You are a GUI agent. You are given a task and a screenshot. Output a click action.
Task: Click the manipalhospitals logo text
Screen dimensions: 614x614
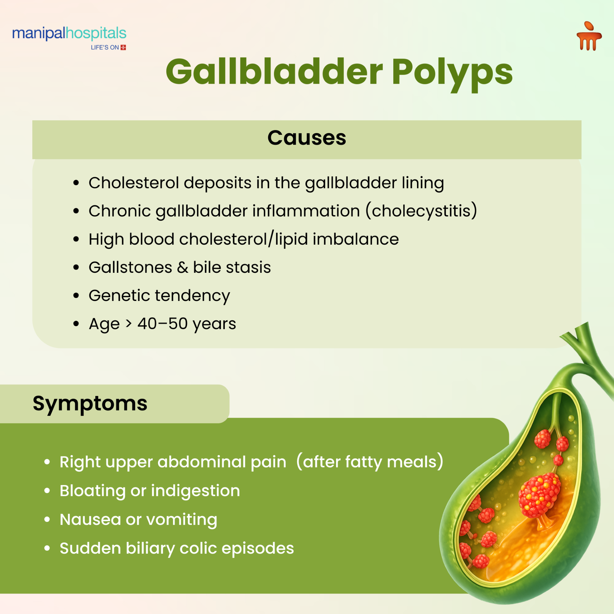click(69, 33)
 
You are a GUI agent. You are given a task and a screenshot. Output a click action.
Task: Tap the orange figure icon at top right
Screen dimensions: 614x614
click(589, 36)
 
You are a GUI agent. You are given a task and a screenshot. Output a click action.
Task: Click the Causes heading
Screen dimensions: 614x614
click(307, 138)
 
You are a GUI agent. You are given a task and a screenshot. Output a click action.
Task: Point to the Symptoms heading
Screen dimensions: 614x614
click(90, 403)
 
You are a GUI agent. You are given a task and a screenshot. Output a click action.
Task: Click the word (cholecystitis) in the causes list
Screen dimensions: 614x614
click(421, 211)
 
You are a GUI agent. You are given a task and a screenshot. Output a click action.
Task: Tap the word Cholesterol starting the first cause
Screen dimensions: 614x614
click(133, 183)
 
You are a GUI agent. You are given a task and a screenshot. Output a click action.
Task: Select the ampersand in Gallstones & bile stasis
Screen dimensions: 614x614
click(182, 267)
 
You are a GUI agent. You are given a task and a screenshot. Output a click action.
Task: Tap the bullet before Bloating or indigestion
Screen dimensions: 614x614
click(47, 491)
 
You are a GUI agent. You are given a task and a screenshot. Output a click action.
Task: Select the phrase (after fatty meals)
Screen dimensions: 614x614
click(370, 462)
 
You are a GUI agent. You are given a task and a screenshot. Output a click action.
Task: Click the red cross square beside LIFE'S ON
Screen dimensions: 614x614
click(123, 47)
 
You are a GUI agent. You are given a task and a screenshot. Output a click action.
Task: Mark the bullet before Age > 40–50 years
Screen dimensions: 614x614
click(76, 324)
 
